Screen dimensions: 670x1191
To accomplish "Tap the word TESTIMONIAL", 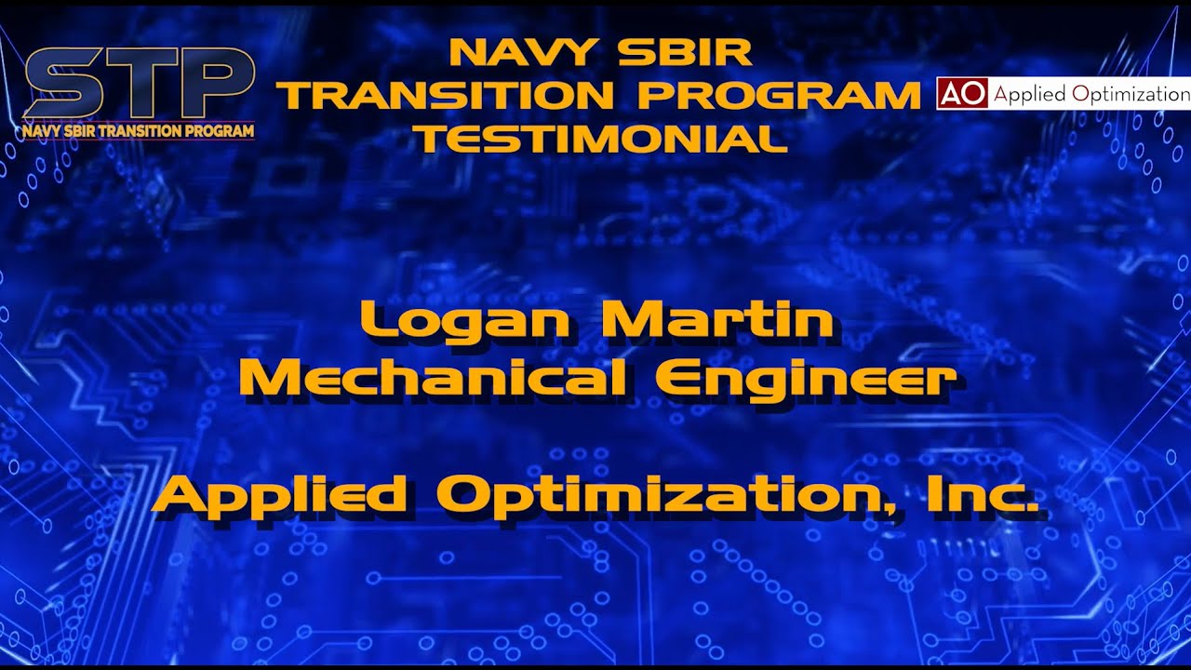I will pyautogui.click(x=600, y=139).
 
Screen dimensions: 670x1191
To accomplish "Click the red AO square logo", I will pyautogui.click(x=962, y=93).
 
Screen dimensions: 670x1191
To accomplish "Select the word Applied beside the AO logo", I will pyautogui.click(x=1030, y=94).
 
